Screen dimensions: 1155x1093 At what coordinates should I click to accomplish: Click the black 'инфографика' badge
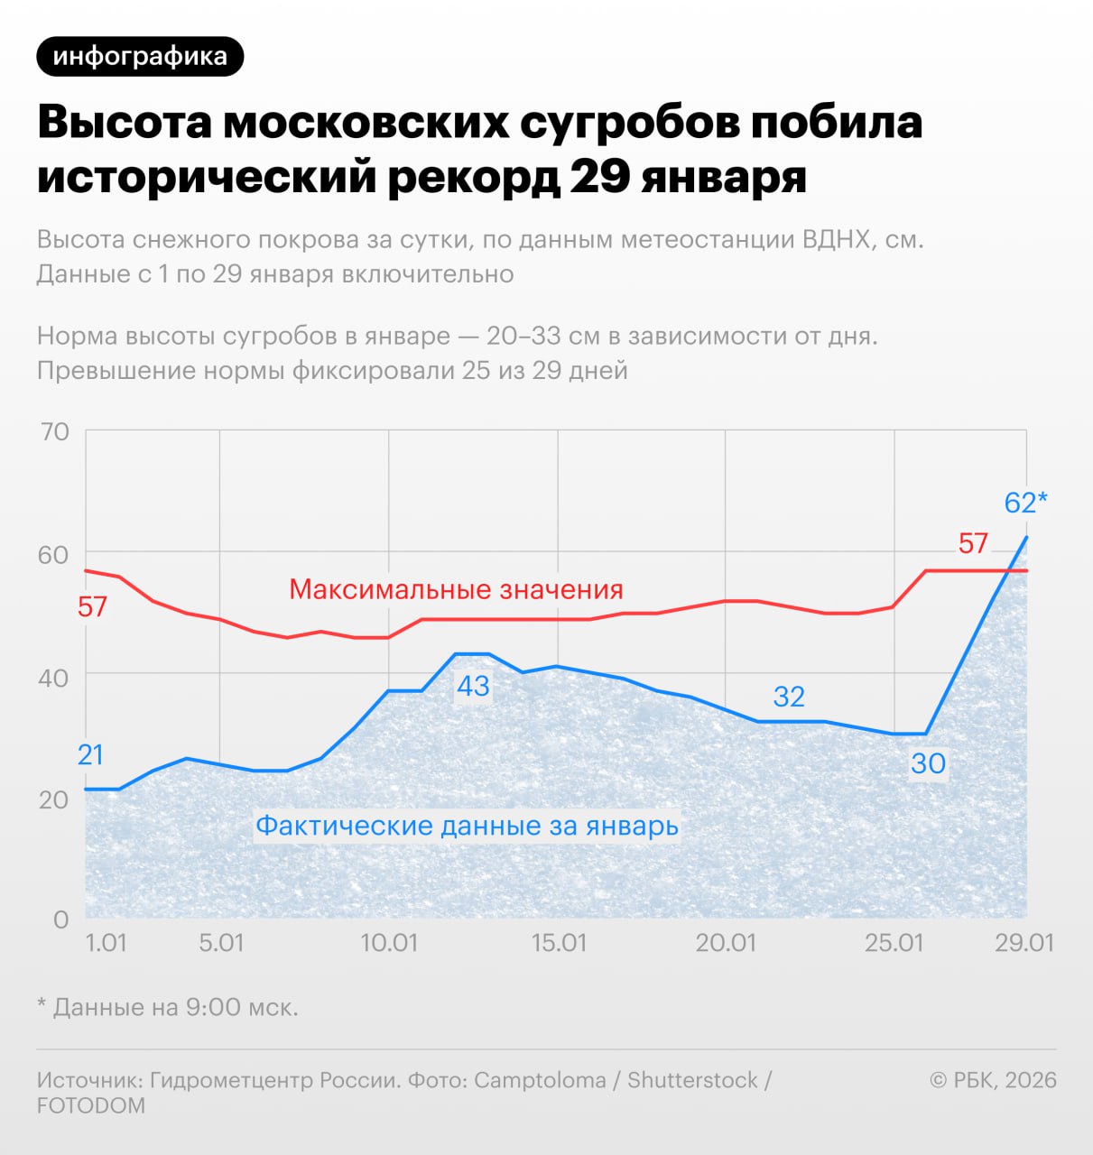(x=140, y=57)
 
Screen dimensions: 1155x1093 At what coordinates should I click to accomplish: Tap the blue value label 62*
(x=1025, y=503)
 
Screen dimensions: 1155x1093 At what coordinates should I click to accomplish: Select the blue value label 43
(x=473, y=687)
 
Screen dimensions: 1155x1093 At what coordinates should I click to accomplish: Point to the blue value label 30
(x=928, y=764)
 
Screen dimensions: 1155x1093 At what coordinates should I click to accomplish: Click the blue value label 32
(x=789, y=697)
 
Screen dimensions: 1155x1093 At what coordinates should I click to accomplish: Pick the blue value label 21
(x=90, y=754)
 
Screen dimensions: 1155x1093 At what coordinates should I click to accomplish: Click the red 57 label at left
(x=92, y=607)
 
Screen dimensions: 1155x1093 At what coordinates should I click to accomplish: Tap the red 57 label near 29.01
(x=973, y=544)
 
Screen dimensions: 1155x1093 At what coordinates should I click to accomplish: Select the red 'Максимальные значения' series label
(x=456, y=590)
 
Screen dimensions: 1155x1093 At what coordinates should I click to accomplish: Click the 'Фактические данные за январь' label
(x=467, y=826)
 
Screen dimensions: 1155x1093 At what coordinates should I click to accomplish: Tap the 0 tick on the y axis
(x=60, y=919)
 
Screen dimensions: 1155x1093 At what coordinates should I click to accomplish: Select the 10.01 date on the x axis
(x=389, y=944)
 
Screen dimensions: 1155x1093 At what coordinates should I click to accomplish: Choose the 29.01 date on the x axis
(x=1024, y=944)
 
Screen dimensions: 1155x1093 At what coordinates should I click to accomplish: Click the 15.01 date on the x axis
(x=559, y=944)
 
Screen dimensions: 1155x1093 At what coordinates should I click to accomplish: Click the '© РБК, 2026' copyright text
(x=993, y=1080)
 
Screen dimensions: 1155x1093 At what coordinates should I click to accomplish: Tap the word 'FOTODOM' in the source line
(x=90, y=1105)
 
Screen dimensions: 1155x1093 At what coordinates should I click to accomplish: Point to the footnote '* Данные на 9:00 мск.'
(x=168, y=1007)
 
